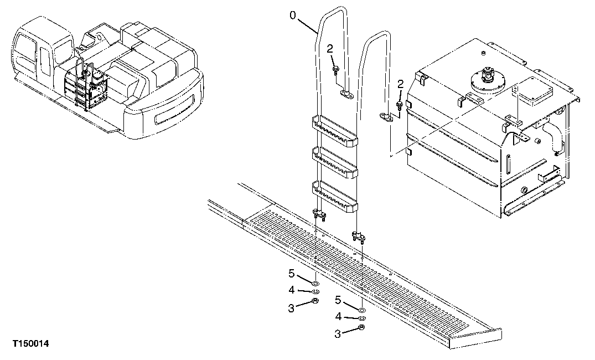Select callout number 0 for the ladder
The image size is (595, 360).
(293, 16)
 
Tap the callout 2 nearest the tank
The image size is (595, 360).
(401, 84)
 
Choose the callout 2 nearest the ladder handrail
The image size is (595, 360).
(330, 49)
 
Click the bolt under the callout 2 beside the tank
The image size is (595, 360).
(400, 104)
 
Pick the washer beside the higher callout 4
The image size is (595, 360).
(314, 291)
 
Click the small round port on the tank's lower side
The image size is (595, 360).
(523, 192)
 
